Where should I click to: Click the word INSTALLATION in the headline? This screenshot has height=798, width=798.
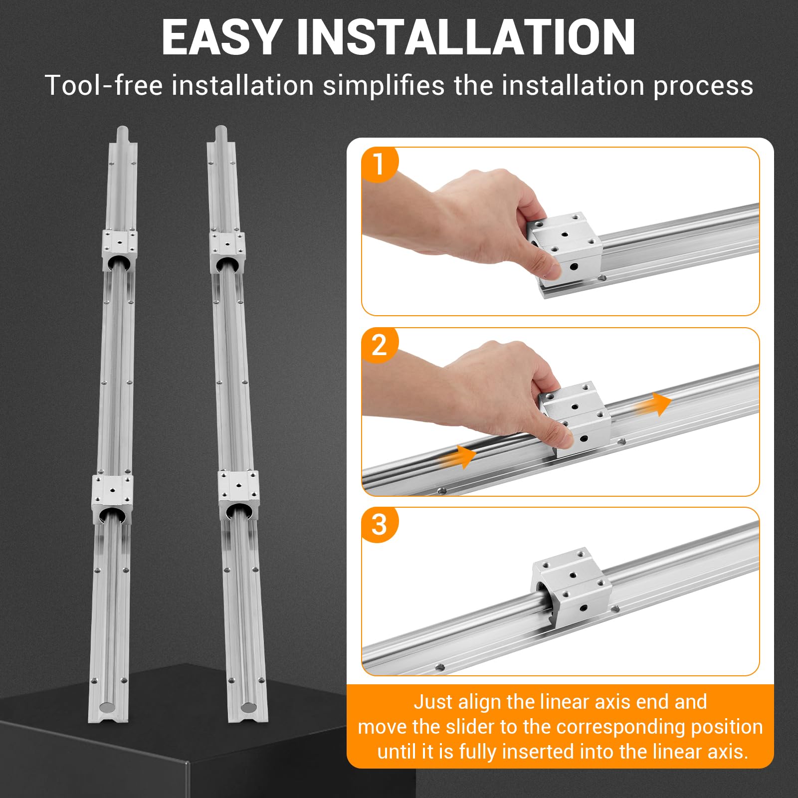point(466,37)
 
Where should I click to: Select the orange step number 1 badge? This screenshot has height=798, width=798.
point(379,164)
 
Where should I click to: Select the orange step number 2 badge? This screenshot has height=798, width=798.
point(379,345)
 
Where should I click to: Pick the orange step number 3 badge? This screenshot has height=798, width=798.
point(379,525)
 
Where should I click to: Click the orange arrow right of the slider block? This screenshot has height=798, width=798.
point(653,403)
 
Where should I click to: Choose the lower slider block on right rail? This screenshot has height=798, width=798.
point(239,495)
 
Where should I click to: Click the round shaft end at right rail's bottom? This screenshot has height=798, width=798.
point(248,708)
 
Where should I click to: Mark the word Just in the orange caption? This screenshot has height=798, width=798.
point(433,702)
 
